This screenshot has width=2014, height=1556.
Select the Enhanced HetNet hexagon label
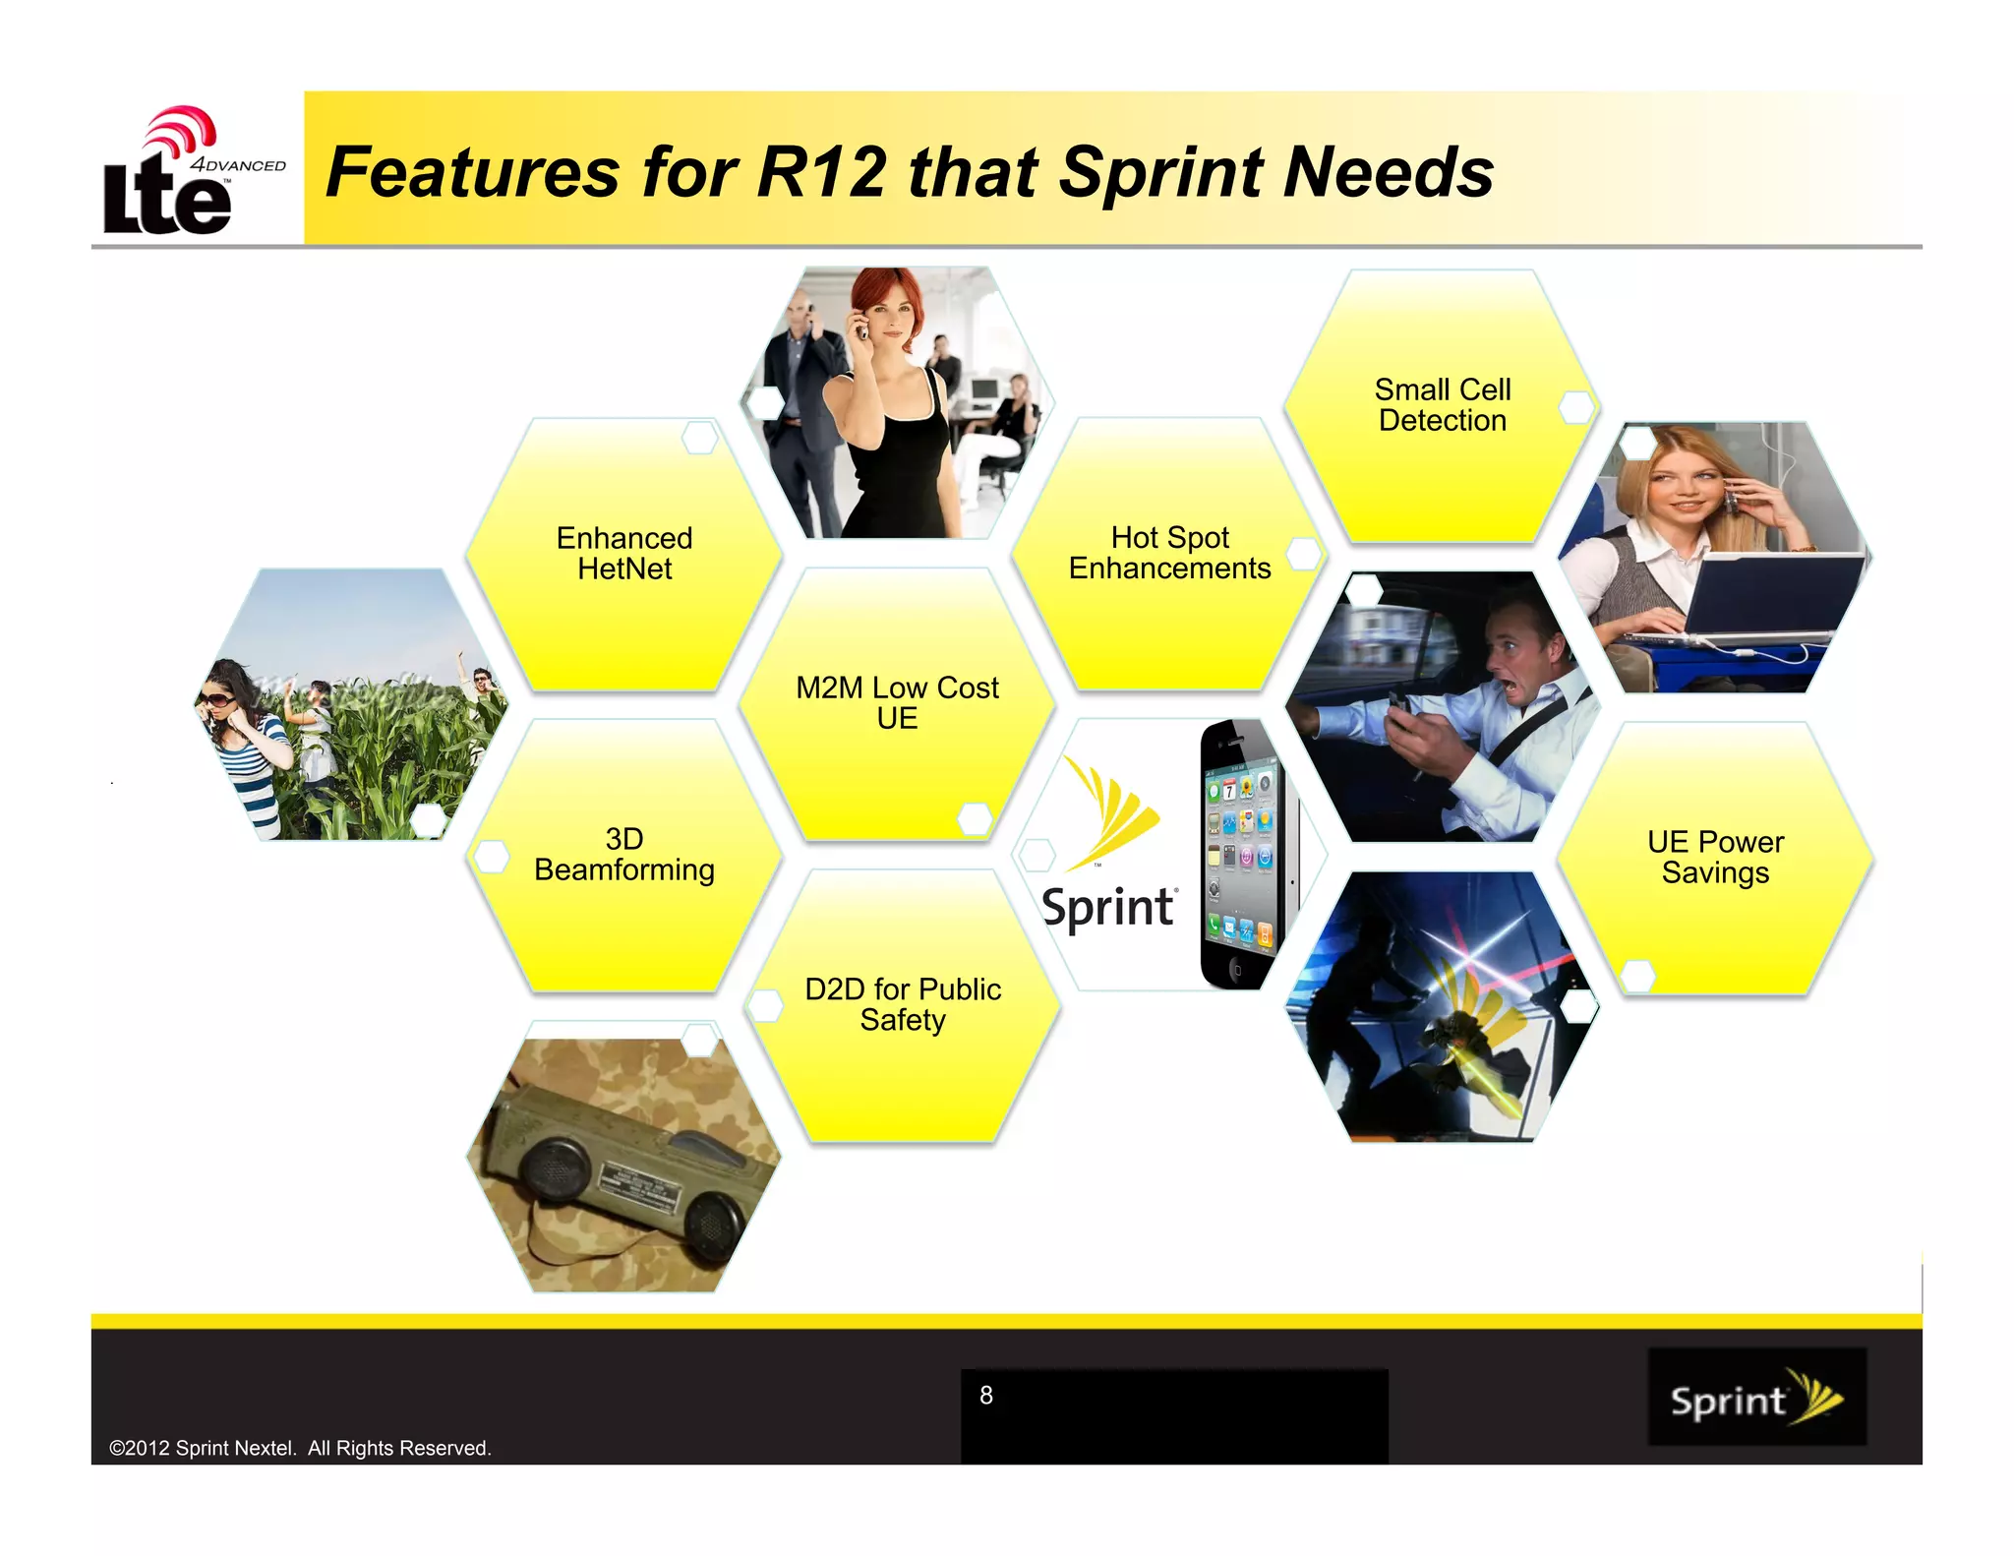[624, 553]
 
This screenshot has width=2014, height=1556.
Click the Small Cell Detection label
[1443, 404]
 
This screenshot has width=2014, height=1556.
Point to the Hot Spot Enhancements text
[1169, 553]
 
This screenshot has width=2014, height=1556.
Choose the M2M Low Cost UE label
[897, 702]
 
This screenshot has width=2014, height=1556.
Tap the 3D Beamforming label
[624, 854]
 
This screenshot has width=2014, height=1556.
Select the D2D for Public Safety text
[902, 1004]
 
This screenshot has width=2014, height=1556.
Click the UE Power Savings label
[1715, 857]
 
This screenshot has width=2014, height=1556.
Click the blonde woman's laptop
[1760, 600]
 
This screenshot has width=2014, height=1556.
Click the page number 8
[986, 1395]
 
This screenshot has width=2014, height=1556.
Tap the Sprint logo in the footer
[1756, 1398]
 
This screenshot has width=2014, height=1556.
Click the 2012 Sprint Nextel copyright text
[300, 1448]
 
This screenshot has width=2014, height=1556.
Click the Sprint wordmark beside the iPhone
[1107, 906]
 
